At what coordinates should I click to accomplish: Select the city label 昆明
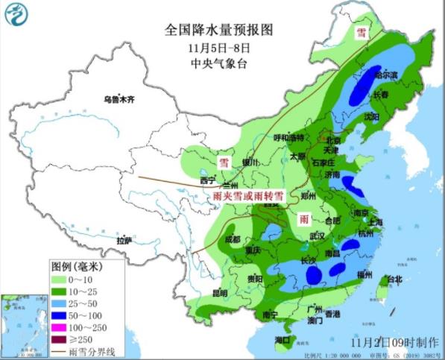click(x=197, y=292)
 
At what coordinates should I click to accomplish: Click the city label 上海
click(x=375, y=221)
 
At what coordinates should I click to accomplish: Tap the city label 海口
click(x=283, y=339)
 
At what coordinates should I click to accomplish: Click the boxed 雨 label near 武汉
click(x=304, y=218)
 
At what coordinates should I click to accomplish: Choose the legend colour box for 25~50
click(x=61, y=303)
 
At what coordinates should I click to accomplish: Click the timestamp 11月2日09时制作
click(x=393, y=342)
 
